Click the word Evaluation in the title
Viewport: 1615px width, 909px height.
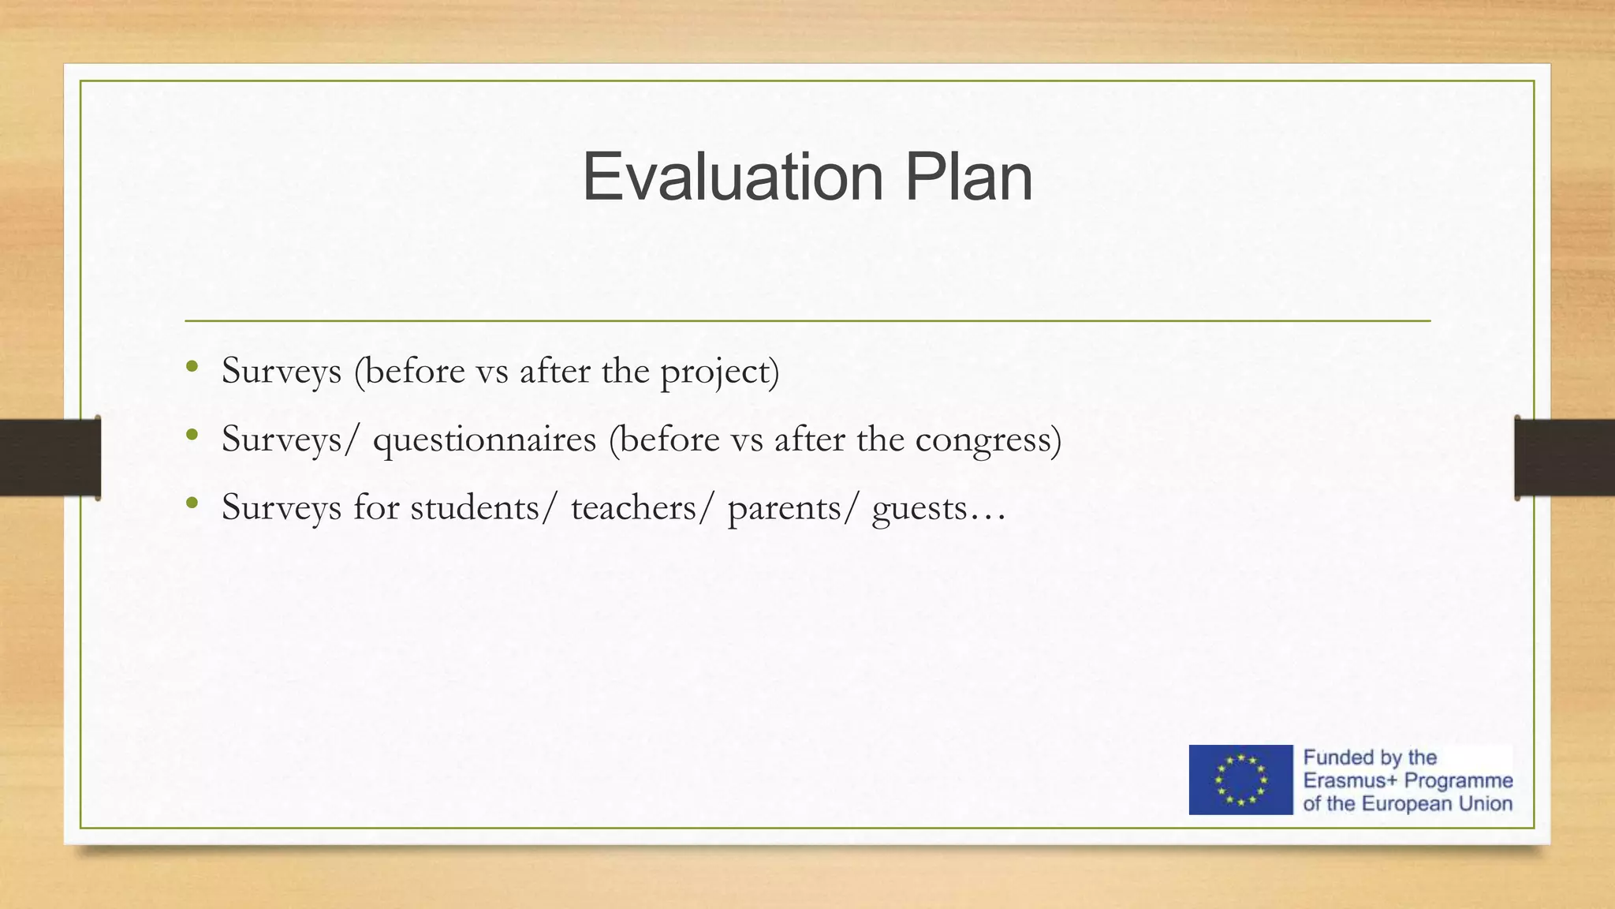[733, 178]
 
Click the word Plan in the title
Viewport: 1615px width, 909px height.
[968, 178]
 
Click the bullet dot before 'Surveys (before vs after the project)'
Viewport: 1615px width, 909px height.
[192, 366]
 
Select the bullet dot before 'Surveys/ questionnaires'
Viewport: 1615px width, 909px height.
[192, 434]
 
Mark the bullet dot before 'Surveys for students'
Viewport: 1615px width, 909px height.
[192, 502]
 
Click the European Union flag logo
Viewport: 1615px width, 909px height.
[1240, 780]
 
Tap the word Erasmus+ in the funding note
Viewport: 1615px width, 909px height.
[1350, 781]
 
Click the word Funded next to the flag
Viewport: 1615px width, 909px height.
[1338, 757]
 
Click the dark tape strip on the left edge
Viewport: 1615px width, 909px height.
[50, 458]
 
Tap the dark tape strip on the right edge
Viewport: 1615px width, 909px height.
[1565, 458]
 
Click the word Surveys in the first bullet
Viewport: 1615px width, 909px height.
[282, 371]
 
